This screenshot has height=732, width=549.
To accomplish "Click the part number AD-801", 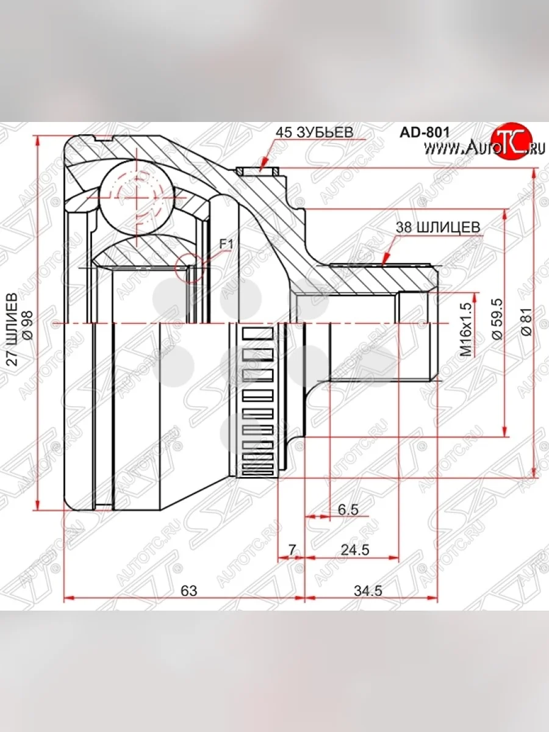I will [425, 131].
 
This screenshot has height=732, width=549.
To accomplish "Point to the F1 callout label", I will [226, 244].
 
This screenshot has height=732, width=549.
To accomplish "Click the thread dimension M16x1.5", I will [467, 329].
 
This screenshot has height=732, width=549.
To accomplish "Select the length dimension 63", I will [190, 590].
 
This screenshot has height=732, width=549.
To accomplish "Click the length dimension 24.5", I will [356, 550].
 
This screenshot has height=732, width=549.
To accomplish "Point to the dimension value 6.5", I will [348, 509].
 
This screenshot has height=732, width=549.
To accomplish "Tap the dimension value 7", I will [292, 550].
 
